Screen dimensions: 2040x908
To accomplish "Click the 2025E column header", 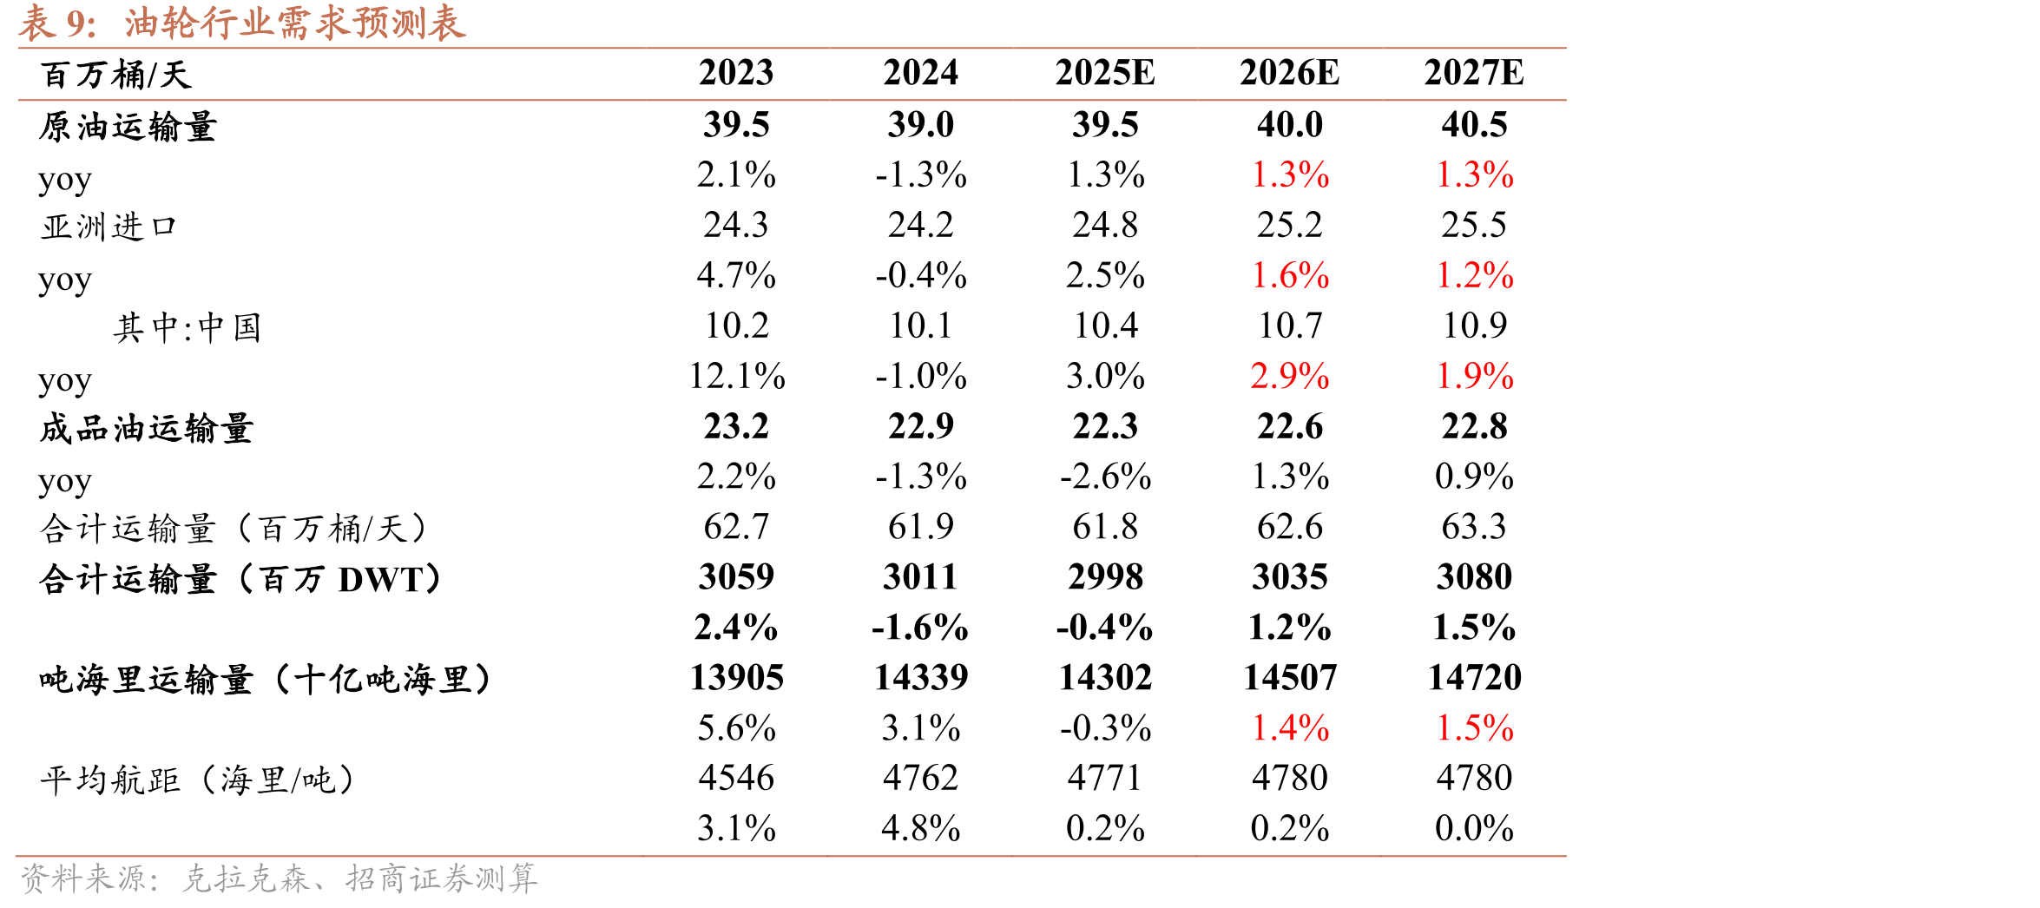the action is [1105, 73].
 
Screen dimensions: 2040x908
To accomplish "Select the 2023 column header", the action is [736, 73].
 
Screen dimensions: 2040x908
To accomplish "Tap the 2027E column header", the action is [1474, 73].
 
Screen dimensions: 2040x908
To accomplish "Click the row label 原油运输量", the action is [128, 127].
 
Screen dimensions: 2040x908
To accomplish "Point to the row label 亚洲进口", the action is [109, 227].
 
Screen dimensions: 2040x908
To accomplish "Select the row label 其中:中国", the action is [187, 327].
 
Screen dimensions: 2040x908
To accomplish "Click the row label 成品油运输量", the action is [146, 428].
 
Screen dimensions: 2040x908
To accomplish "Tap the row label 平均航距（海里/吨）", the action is [198, 780].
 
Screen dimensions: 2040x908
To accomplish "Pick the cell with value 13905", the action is [737, 677].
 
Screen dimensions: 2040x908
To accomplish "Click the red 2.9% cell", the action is [1290, 376].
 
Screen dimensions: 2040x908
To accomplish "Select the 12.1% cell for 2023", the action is [737, 376].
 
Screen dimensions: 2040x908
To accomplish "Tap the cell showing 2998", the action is [1105, 577].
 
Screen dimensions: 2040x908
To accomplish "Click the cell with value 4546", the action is [736, 778].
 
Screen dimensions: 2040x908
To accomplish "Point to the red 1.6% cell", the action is [1290, 275].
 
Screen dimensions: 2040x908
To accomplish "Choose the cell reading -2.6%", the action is [1105, 477].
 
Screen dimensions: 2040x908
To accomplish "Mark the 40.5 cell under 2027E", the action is [1474, 125].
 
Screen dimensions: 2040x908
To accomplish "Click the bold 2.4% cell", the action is [736, 627].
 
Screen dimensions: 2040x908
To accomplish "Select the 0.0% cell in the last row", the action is [1474, 828].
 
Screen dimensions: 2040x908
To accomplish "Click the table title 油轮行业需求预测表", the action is [295, 23].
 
